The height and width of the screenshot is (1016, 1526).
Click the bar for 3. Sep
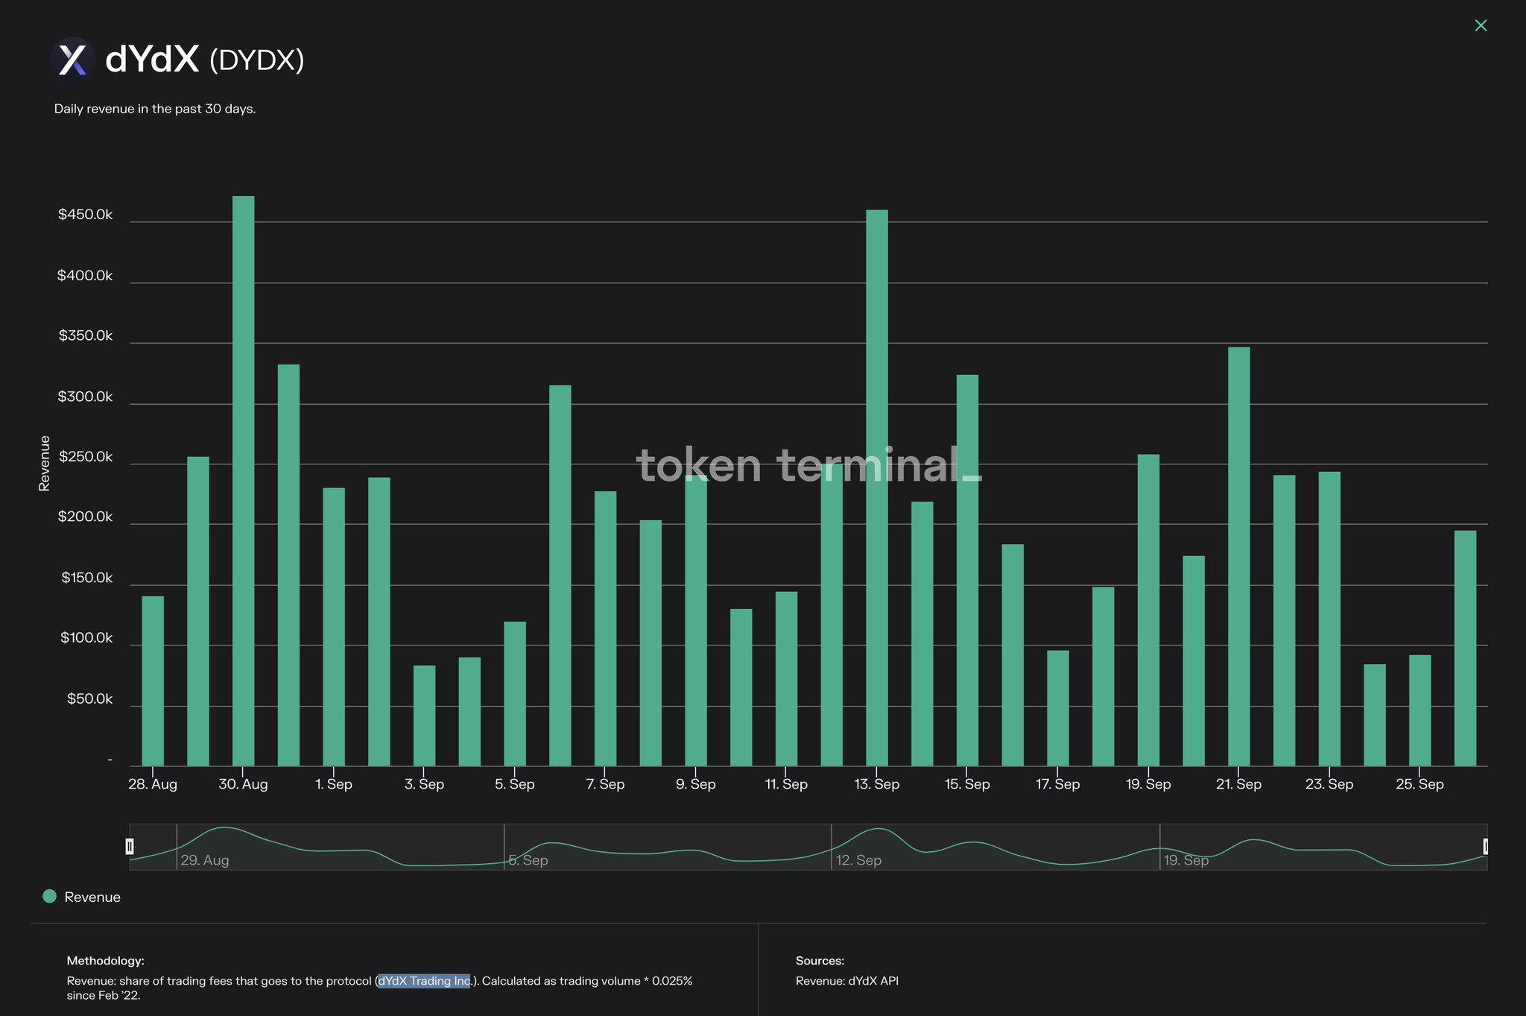(x=424, y=715)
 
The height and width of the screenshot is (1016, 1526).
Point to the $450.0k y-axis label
(x=85, y=215)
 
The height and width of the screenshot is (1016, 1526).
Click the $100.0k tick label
(x=86, y=638)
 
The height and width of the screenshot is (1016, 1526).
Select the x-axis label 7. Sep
(x=605, y=784)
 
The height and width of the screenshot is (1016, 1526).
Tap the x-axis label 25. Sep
(x=1419, y=784)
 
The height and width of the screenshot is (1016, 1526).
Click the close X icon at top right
(x=1481, y=26)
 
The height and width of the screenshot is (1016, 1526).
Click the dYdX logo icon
(x=72, y=59)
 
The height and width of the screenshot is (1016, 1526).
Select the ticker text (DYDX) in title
(x=257, y=60)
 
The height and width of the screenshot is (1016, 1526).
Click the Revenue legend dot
(x=50, y=896)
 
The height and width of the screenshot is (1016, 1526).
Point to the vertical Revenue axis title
(x=45, y=463)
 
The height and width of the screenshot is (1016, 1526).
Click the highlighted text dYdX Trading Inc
(x=424, y=981)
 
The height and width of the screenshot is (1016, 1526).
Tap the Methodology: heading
(x=105, y=961)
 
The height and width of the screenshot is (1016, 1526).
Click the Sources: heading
(x=820, y=961)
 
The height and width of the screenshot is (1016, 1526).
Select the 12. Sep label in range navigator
(x=858, y=860)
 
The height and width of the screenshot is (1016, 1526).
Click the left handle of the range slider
(x=130, y=846)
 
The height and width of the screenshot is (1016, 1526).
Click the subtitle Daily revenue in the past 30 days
(x=155, y=109)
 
